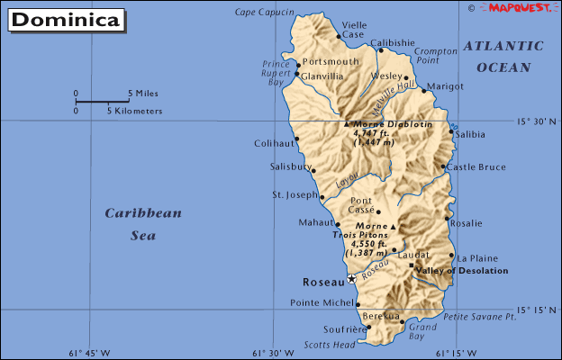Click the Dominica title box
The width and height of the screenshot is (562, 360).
67,20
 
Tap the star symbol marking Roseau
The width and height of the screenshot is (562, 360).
350,279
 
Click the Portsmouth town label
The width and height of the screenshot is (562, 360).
331,61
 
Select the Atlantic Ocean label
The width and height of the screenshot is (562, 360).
503,56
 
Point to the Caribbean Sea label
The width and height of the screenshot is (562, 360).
142,224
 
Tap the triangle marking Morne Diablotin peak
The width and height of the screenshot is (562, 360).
348,123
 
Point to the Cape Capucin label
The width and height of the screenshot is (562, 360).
264,12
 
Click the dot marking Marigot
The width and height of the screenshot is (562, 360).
423,90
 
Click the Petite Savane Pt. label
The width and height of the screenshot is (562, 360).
479,317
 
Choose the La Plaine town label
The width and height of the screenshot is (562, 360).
477,256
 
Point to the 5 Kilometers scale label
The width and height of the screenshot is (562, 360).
135,111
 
